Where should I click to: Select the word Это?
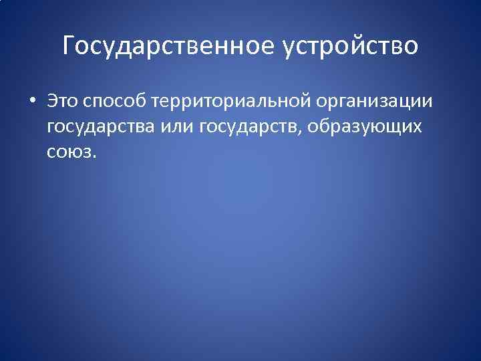pyautogui.click(x=62, y=102)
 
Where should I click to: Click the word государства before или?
pyautogui.click(x=100, y=127)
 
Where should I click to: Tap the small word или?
pyautogui.click(x=177, y=127)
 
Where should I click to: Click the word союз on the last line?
pyautogui.click(x=69, y=152)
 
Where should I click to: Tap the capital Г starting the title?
pyautogui.click(x=69, y=45)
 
